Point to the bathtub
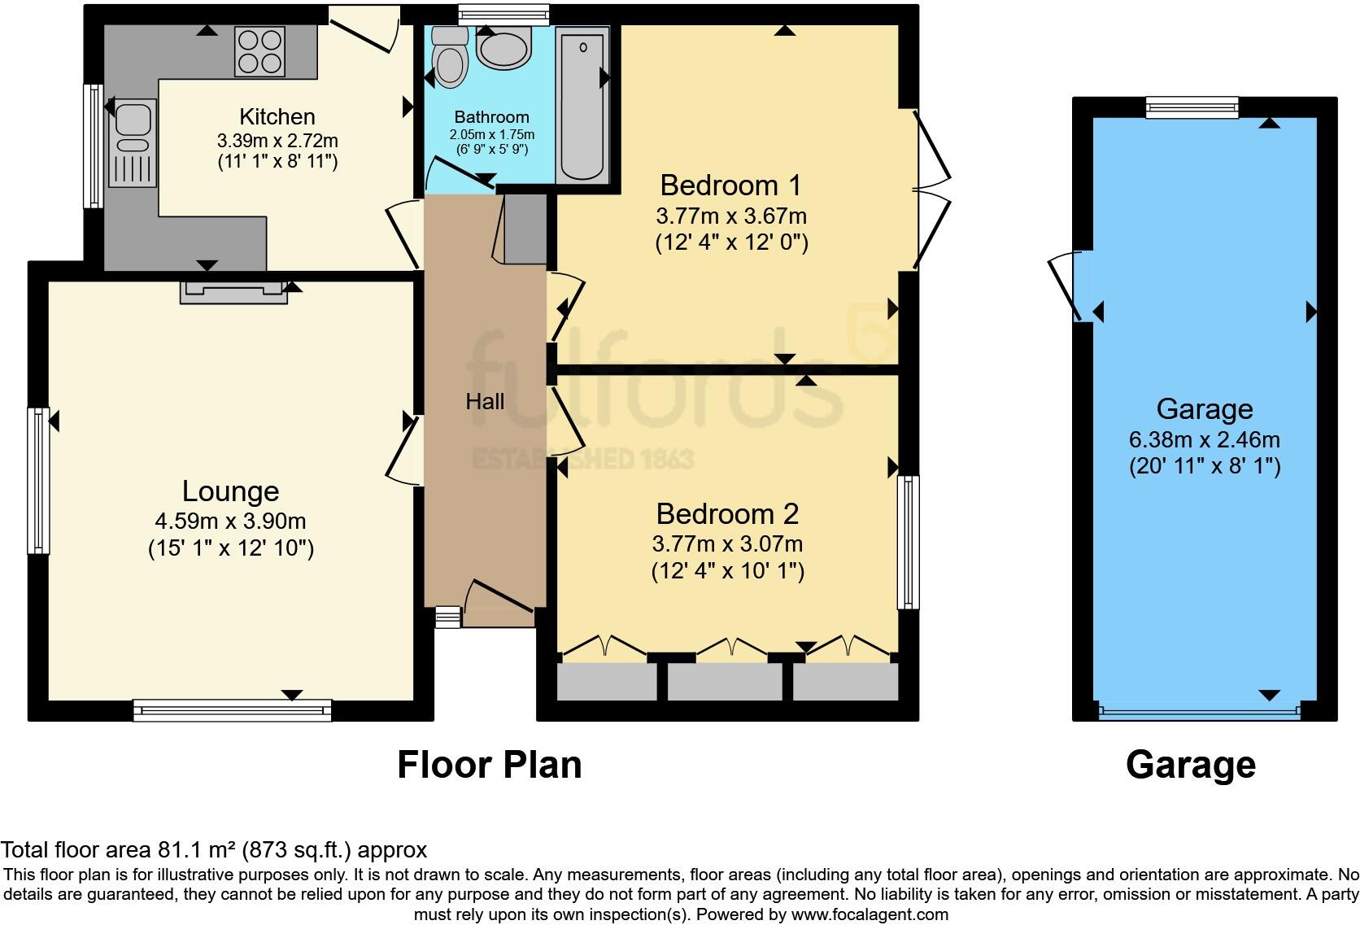click(582, 102)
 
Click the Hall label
click(485, 401)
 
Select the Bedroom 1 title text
click(730, 185)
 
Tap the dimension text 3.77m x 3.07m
click(727, 543)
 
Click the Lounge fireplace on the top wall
click(233, 291)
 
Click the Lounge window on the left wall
click(38, 481)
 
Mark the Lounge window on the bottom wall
click(233, 711)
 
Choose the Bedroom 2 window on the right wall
click(908, 542)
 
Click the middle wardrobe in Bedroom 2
click(725, 682)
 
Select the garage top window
click(1192, 107)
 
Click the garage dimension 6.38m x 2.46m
click(1204, 440)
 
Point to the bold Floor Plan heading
click(489, 765)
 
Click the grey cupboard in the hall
click(525, 229)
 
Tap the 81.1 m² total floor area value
click(196, 851)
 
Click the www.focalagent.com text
click(870, 914)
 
